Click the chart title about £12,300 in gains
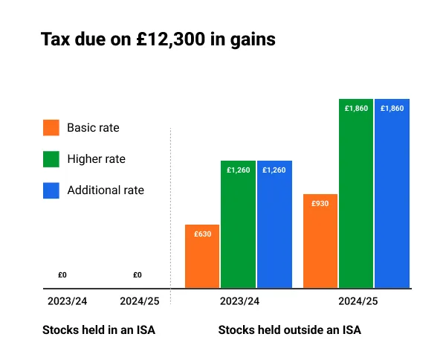pos(158,39)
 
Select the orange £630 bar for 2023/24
pos(202,257)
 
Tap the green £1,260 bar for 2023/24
pos(238,224)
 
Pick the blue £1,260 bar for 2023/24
pos(274,224)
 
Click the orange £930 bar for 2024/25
pos(320,241)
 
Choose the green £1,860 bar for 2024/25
pos(356,193)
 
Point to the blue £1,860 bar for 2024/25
pos(392,193)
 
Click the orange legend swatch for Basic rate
pos(51,127)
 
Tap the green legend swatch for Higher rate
pos(51,158)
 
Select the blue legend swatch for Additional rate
pos(51,190)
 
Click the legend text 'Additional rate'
pos(106,190)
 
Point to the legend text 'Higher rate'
pos(97,158)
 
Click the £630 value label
pos(202,234)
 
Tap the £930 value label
pos(320,203)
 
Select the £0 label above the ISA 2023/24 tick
pos(62,275)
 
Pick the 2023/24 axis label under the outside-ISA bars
pos(239,301)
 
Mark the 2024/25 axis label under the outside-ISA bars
pos(358,301)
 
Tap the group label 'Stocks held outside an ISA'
pos(289,329)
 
